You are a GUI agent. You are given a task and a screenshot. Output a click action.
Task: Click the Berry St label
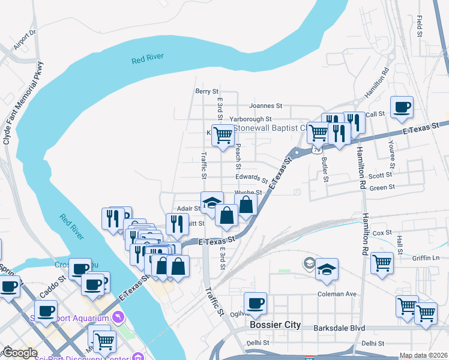pos(206,91)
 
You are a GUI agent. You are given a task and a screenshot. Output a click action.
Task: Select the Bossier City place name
pos(274,325)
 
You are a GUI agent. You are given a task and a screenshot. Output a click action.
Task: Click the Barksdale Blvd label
pos(340,328)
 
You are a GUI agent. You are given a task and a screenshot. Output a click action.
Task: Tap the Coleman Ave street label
pos(337,294)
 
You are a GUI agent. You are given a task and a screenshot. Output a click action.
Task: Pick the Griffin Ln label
pos(426,258)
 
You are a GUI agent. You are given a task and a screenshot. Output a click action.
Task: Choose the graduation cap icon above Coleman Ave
pos(327,269)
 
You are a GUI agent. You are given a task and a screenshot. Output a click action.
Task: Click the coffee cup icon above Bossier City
pos(256,304)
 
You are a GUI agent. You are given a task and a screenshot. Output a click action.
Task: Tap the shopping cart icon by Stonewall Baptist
pos(223,136)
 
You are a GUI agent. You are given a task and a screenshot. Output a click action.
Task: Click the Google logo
pos(20,353)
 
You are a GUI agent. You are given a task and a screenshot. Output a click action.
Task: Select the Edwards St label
pos(252,178)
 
